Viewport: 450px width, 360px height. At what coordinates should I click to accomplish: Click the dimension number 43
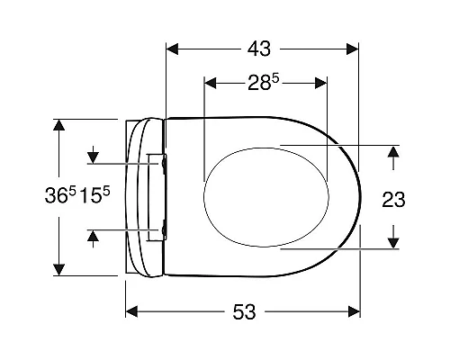click(259, 49)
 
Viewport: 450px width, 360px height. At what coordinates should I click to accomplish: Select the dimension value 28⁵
click(264, 83)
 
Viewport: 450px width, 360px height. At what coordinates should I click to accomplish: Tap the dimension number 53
click(244, 311)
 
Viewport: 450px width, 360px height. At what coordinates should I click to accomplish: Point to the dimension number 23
click(393, 200)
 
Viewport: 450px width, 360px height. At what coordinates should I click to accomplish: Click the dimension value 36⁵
click(60, 195)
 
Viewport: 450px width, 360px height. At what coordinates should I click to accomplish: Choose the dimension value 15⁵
click(94, 195)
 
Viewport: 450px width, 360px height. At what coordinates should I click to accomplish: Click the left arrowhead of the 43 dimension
click(172, 49)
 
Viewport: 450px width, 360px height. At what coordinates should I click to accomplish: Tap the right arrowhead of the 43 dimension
click(353, 49)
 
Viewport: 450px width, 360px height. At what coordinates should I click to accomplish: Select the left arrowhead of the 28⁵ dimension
click(210, 83)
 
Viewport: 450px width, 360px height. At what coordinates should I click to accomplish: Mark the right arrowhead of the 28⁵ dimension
click(320, 83)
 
